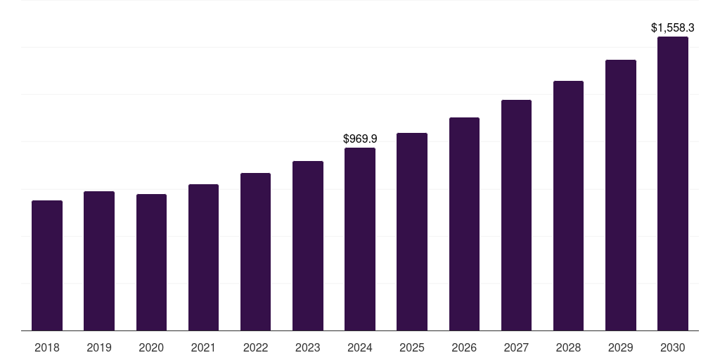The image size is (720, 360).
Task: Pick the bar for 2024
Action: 360,239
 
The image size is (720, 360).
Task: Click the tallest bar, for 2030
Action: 673,184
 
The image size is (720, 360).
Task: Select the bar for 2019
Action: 99,261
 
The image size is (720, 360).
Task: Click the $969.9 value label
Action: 360,139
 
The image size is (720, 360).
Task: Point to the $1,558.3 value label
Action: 673,28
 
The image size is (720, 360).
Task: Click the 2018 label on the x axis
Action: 47,347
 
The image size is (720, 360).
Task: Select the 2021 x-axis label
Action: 203,347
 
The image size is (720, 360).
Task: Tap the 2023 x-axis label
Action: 308,347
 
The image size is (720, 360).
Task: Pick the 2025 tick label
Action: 412,347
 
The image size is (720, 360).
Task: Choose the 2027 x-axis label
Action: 516,347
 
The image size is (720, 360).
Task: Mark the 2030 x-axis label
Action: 673,347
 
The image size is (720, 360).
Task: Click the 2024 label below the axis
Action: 360,347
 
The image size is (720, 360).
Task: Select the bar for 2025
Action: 412,231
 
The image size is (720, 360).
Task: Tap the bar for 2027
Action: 516,215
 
